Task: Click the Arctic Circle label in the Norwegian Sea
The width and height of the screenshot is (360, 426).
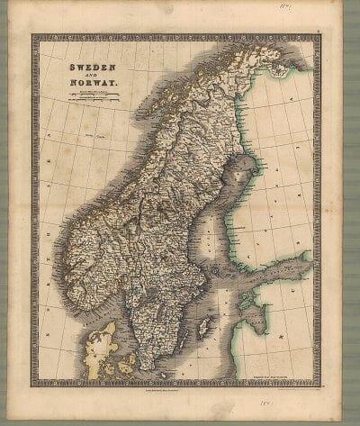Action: click(90, 136)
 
